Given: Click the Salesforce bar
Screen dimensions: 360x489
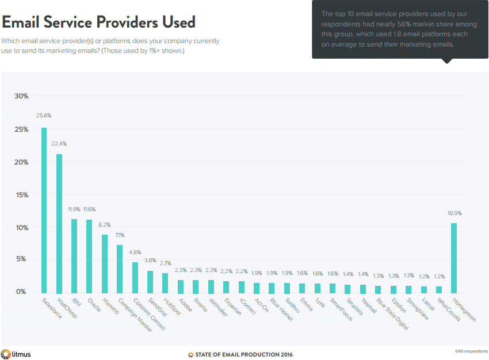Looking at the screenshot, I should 44,210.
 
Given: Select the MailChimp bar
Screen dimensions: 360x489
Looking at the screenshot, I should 59,223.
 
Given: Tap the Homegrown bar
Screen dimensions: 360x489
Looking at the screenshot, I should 454,258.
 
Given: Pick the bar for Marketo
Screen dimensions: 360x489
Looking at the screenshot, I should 105,263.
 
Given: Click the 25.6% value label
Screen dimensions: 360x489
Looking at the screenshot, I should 44,116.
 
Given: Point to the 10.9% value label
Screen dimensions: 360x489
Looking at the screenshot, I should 454,213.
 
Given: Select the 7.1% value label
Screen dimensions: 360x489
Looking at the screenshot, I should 120,235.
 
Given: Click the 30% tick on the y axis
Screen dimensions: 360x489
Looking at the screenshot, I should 21,96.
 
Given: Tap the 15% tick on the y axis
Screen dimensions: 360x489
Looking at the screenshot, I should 21,195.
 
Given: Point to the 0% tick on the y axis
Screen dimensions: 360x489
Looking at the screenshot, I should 21,292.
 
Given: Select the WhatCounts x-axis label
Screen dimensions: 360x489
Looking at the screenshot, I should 449,309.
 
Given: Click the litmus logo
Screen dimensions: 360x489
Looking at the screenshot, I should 16,354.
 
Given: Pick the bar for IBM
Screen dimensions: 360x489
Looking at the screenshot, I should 74,255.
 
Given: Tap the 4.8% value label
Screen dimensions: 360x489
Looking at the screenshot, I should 135,252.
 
